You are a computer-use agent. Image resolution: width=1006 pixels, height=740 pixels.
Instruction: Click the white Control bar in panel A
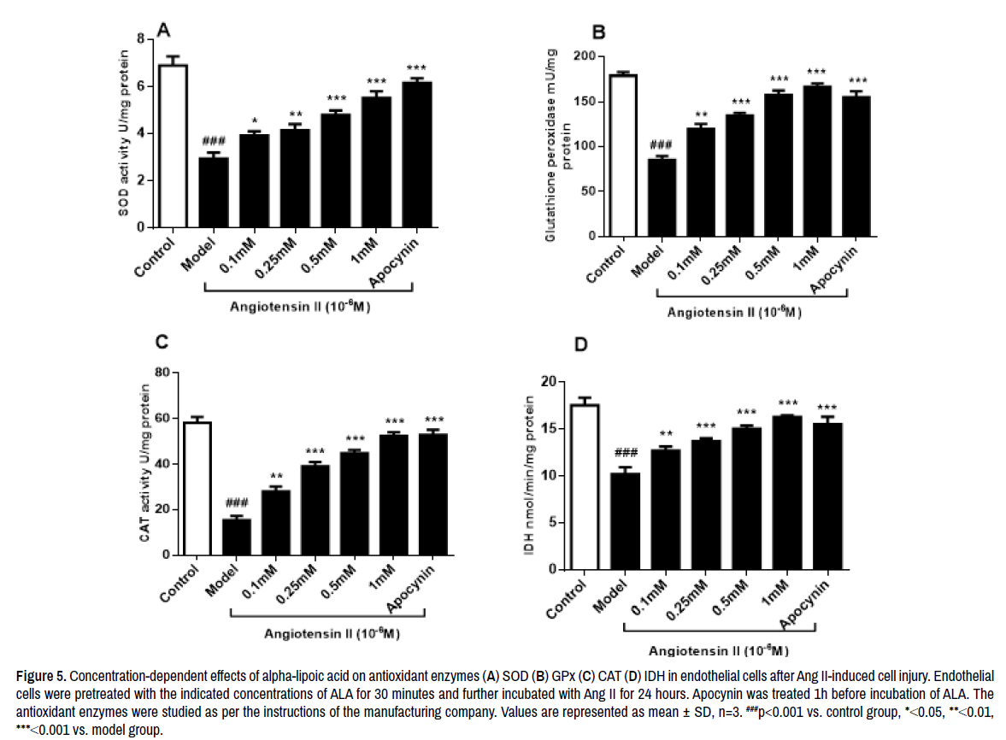[173, 145]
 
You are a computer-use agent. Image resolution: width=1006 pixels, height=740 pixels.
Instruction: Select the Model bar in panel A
[213, 192]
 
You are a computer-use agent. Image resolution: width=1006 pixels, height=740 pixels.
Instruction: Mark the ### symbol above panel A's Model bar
[213, 141]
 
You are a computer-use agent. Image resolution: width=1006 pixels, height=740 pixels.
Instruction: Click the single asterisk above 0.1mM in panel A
[254, 120]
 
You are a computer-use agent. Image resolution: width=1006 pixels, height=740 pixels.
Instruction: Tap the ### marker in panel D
[626, 452]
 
